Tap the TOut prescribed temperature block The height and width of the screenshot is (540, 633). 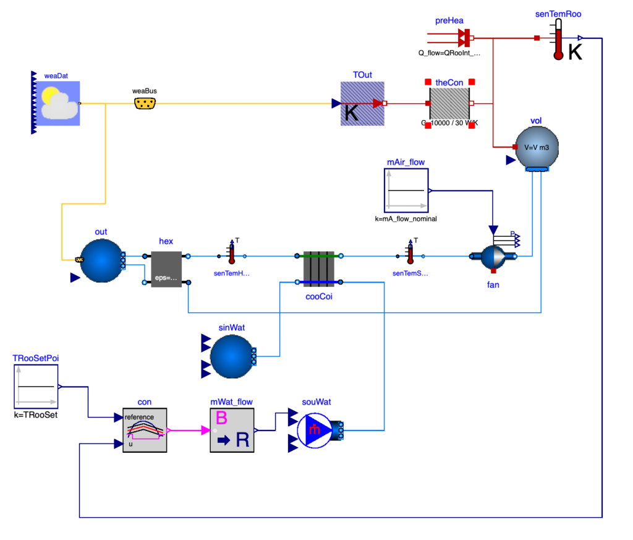tap(362, 103)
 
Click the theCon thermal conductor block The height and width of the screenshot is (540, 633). tap(450, 103)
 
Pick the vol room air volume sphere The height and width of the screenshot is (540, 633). tap(537, 147)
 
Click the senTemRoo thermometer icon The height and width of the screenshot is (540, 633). tap(559, 38)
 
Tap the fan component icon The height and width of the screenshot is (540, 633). tap(493, 256)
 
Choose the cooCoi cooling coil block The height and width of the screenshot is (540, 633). tap(319, 269)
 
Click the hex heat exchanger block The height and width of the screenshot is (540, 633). tap(166, 269)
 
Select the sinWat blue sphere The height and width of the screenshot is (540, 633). tap(232, 356)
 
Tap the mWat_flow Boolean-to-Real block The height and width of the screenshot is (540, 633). tap(232, 430)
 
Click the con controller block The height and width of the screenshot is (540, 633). tap(145, 430)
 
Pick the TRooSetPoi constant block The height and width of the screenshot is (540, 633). tap(36, 387)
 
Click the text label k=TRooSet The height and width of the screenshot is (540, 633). tap(36, 415)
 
